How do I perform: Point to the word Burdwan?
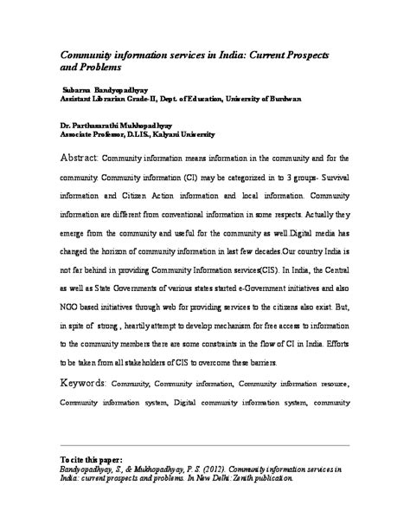click(x=281, y=99)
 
